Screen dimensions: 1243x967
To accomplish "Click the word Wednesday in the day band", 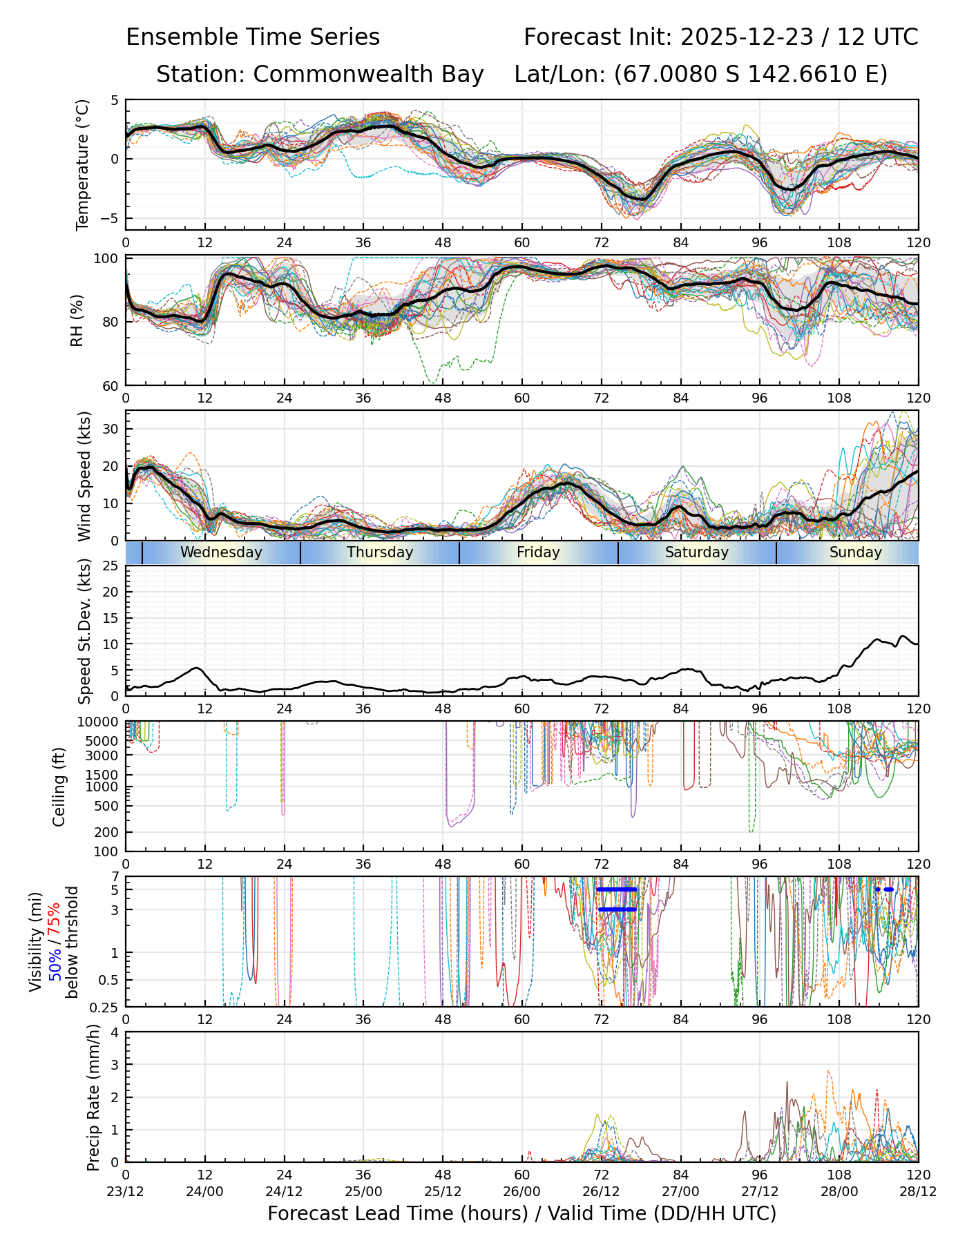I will (221, 552).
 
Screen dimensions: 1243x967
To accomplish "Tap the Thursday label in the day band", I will (380, 552).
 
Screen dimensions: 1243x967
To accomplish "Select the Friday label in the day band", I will (538, 552).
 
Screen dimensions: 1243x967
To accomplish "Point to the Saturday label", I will (697, 552).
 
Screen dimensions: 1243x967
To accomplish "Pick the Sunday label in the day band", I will (856, 552).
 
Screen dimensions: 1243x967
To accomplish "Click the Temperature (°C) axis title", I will (83, 164).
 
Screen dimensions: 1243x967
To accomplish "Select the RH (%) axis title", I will (77, 320).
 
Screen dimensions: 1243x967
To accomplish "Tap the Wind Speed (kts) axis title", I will (84, 476).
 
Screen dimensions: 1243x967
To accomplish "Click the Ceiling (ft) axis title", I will (60, 787).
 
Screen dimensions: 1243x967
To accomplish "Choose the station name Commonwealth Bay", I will (368, 75).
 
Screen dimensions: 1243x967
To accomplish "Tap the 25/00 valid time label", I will (363, 1191).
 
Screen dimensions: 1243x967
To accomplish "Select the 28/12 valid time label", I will (918, 1191).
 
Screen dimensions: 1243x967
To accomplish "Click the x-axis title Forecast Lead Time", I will (521, 1213).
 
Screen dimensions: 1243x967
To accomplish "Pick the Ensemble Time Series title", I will (253, 37).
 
